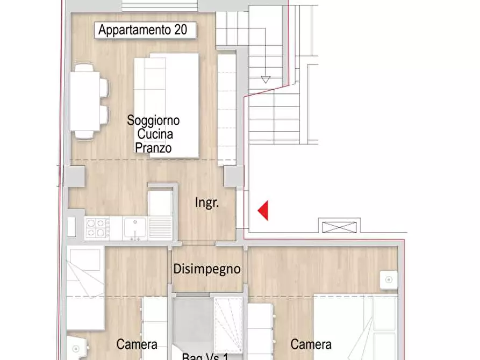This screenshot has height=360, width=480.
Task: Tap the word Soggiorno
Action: pos(153,120)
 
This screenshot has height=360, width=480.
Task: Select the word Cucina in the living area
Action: pos(154,134)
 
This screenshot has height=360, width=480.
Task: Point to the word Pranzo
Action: pos(154,147)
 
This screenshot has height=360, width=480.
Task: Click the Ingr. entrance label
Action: pos(206,203)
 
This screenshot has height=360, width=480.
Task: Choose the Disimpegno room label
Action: pos(207,269)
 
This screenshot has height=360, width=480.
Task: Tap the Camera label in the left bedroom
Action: pos(137,344)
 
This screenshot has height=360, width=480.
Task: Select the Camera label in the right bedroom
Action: pos(311,344)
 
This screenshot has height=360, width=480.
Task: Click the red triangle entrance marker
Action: pos(263,210)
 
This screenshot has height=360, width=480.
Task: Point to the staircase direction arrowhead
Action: pos(265,80)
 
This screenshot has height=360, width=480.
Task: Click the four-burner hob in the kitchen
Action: pos(97,228)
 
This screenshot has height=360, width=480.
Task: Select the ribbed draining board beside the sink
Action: pos(161,228)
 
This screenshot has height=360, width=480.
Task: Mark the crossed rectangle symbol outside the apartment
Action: pos(340,226)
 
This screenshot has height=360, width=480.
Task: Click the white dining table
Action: pos(84,101)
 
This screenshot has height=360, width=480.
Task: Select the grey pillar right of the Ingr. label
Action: pos(233,177)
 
